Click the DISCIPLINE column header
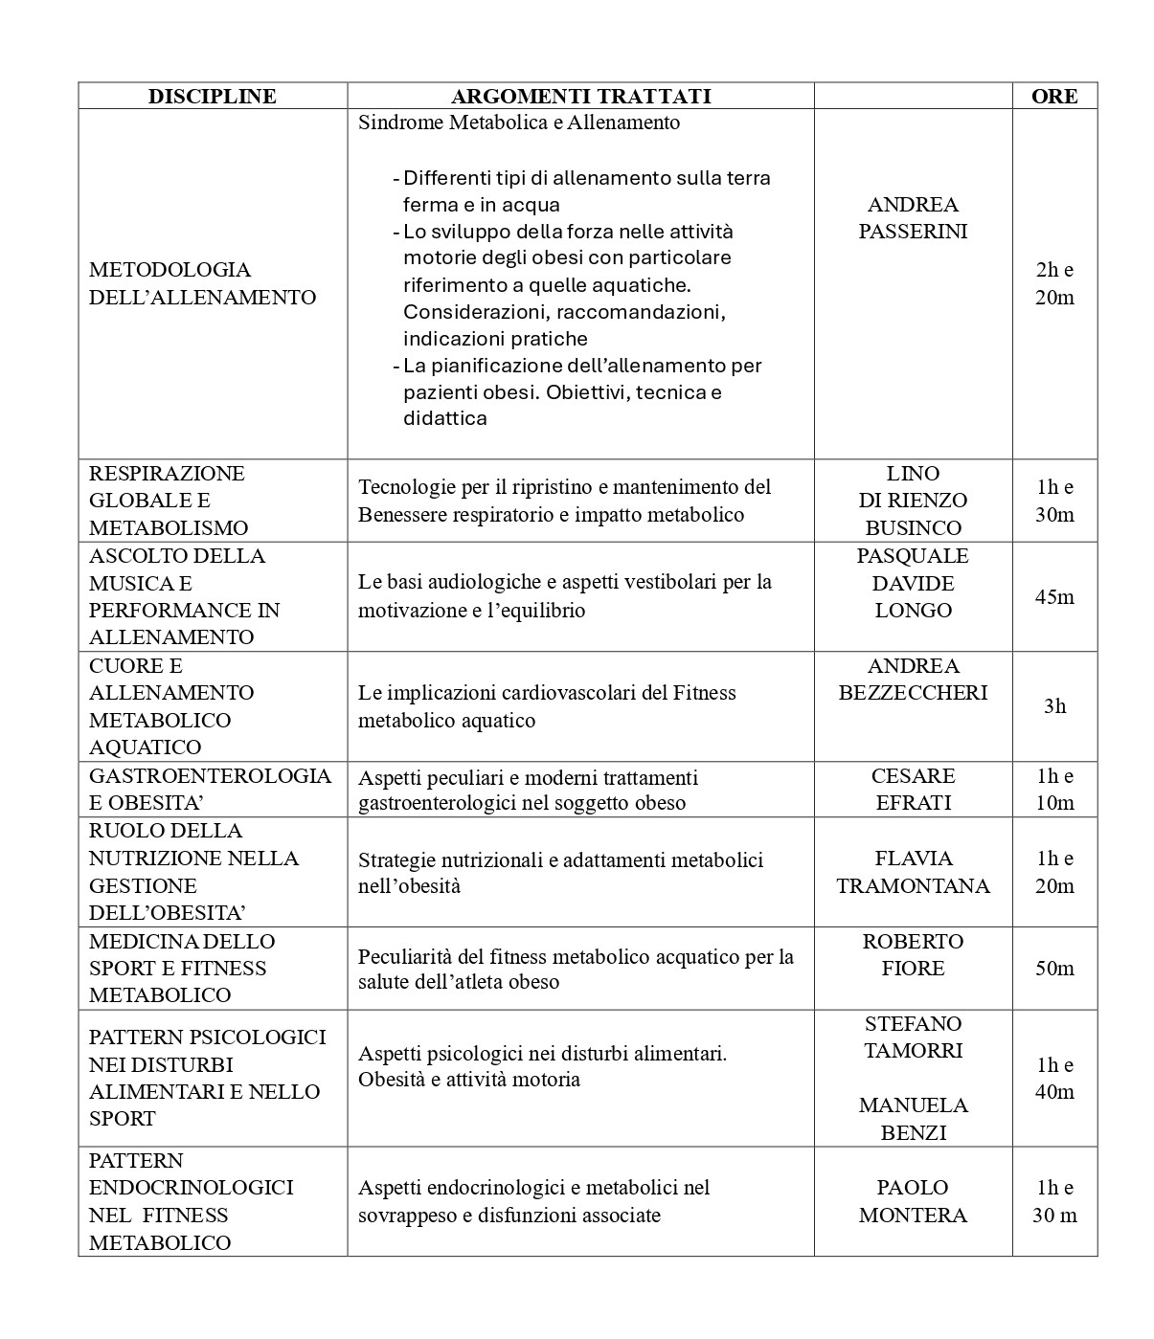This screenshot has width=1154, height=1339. pos(212,96)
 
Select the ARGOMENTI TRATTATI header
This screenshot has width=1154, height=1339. pos(580,96)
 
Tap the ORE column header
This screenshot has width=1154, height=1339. pos(1053,96)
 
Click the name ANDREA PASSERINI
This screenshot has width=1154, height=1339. pos(913,218)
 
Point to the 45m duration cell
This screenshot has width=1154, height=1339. pos(1053,597)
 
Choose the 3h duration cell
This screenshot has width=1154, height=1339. pos(1053,706)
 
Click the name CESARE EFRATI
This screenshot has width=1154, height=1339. pos(913,789)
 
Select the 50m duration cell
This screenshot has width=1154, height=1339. pos(1053,969)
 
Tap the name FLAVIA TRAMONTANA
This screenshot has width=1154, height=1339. pos(913,872)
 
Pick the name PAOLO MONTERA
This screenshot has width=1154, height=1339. pos(913,1201)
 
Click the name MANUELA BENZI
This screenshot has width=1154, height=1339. pos(913,1119)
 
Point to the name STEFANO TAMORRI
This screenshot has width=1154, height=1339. pos(913,1038)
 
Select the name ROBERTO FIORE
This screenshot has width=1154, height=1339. pos(913,954)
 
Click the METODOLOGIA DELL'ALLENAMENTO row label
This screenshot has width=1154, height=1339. pos(202,283)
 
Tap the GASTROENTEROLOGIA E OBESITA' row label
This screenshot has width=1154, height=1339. pos(210,789)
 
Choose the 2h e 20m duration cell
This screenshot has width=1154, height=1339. pos(1053,283)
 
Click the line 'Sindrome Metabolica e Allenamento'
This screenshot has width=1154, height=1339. pos(518,123)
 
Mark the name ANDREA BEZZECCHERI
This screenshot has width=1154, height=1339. pos(913,680)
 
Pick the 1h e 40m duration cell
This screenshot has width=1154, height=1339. pos(1053,1079)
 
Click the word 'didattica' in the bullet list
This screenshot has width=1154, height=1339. pos(444,418)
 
